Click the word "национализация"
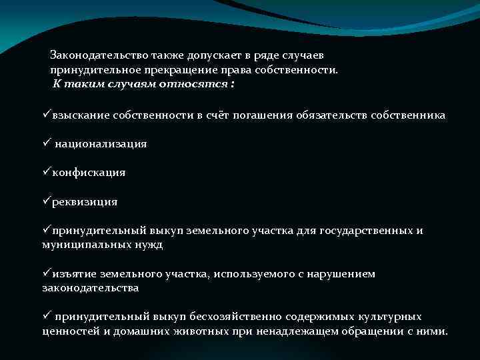101,144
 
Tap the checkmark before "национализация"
47,143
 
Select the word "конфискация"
89,173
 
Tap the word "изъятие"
71,274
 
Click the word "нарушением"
345,274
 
